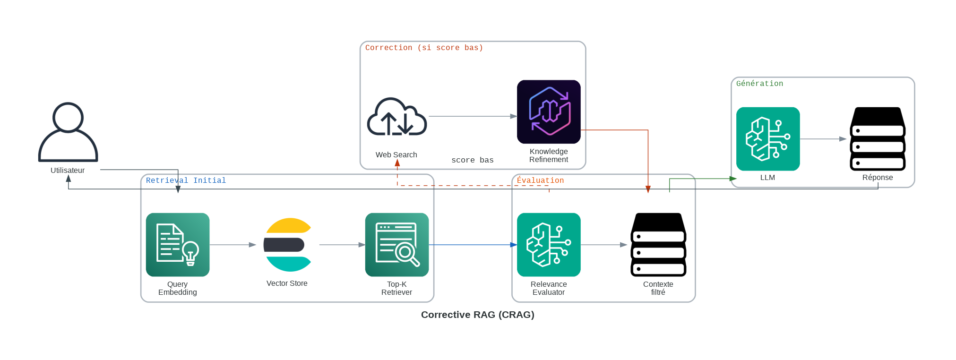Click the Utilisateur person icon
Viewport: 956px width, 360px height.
(x=68, y=132)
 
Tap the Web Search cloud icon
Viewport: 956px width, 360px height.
(x=397, y=117)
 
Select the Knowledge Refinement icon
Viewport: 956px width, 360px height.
(x=549, y=112)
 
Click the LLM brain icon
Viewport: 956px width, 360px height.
(x=768, y=139)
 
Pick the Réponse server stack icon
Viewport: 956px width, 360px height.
(x=878, y=139)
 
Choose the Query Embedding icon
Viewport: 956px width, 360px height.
(x=178, y=245)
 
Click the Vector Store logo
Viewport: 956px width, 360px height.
(x=287, y=245)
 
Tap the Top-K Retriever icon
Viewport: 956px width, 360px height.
(x=397, y=245)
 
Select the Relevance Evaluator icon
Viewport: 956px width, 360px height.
(x=549, y=245)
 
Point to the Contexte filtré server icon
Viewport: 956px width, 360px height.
(x=658, y=245)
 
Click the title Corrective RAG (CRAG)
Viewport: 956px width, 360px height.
(x=477, y=315)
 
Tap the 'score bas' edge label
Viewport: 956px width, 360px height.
(x=472, y=160)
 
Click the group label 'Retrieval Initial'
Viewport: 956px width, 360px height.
(x=186, y=180)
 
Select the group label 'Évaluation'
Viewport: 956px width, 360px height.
(x=540, y=180)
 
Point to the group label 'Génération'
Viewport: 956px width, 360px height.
(x=759, y=84)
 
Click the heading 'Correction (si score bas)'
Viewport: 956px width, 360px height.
(x=424, y=48)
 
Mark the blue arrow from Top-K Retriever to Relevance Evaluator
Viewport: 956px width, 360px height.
(x=473, y=245)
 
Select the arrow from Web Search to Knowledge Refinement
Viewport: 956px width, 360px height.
(x=473, y=116)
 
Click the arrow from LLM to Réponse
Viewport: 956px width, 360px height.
(x=823, y=139)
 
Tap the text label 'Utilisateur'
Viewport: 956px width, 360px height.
(x=68, y=171)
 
